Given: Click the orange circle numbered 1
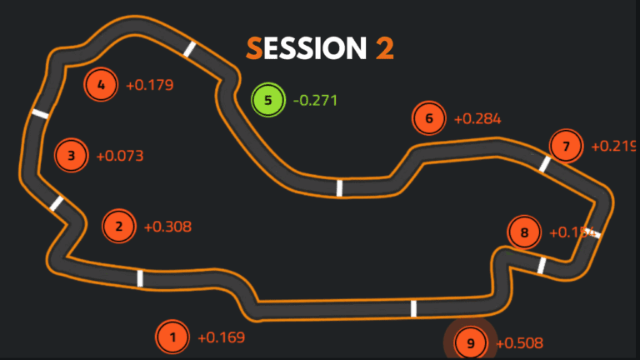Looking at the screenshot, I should [x=172, y=337].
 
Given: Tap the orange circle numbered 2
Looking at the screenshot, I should [x=119, y=226].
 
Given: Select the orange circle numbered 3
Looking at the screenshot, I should [x=72, y=155].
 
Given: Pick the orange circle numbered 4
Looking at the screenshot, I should [x=101, y=84].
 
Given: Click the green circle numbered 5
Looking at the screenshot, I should [x=267, y=101].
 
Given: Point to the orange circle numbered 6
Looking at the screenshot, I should [x=429, y=118].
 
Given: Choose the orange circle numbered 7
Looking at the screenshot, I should [x=567, y=147].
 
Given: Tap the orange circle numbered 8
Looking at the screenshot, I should [x=524, y=232].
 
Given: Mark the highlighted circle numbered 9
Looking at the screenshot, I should [x=470, y=342].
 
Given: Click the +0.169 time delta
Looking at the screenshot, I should [x=222, y=337].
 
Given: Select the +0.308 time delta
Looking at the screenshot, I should [x=168, y=226].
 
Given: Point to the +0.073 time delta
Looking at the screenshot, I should [x=120, y=155].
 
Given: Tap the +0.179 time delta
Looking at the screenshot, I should [x=150, y=84].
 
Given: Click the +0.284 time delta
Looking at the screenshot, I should [x=477, y=118].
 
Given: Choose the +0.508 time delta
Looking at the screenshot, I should [x=520, y=342].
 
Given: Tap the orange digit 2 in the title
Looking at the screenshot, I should [x=384, y=48].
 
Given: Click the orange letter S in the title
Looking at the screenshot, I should [x=254, y=48].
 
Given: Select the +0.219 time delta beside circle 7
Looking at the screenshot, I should [x=613, y=147].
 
